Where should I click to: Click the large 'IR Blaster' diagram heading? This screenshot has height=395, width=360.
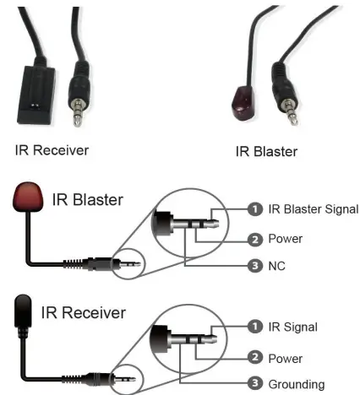pyautogui.click(x=87, y=200)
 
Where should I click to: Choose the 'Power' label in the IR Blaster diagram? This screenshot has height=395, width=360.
pyautogui.click(x=285, y=239)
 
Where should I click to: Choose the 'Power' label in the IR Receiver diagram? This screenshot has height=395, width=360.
pyautogui.click(x=285, y=358)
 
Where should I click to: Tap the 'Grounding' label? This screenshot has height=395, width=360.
pyautogui.click(x=296, y=384)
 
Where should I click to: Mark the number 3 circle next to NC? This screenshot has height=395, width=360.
pyautogui.click(x=253, y=266)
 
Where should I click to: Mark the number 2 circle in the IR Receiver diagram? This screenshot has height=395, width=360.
pyautogui.click(x=253, y=358)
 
